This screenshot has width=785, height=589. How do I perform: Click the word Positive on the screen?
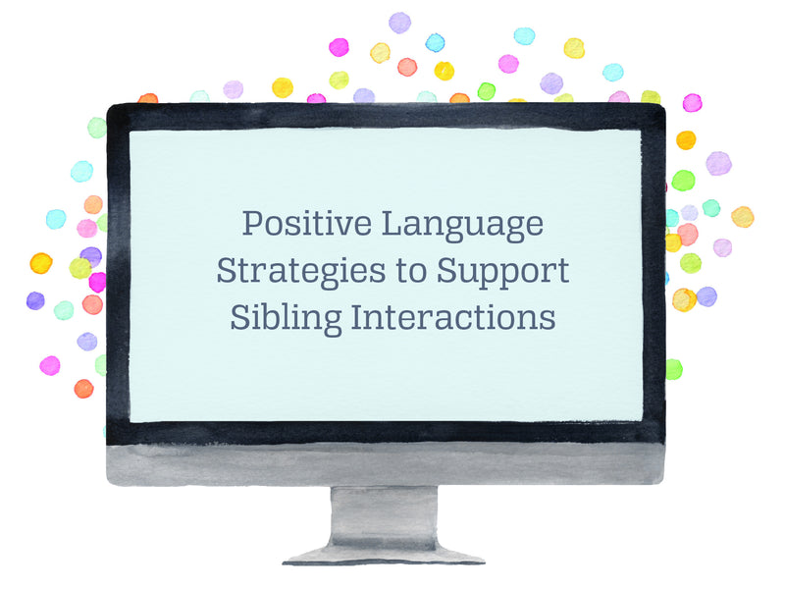[307, 223]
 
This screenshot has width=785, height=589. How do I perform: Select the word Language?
[462, 225]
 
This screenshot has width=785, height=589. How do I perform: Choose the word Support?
[502, 273]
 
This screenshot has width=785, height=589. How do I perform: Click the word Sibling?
[286, 318]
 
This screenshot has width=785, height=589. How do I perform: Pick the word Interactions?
[453, 317]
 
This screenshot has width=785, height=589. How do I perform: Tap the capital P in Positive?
[253, 223]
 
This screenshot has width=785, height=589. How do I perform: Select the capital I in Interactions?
[358, 317]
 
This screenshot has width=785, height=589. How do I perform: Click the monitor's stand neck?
[384, 516]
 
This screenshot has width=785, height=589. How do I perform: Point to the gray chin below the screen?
[386, 463]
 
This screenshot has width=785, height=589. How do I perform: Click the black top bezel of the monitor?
[386, 117]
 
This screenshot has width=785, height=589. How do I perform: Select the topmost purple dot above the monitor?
[399, 23]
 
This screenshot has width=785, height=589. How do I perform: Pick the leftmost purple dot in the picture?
[35, 300]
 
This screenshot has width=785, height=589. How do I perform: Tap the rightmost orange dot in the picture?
[743, 217]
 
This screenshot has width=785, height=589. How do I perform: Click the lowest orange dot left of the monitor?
[83, 389]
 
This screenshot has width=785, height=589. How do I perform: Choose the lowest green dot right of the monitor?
[673, 369]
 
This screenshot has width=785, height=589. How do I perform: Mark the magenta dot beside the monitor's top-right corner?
[693, 103]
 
